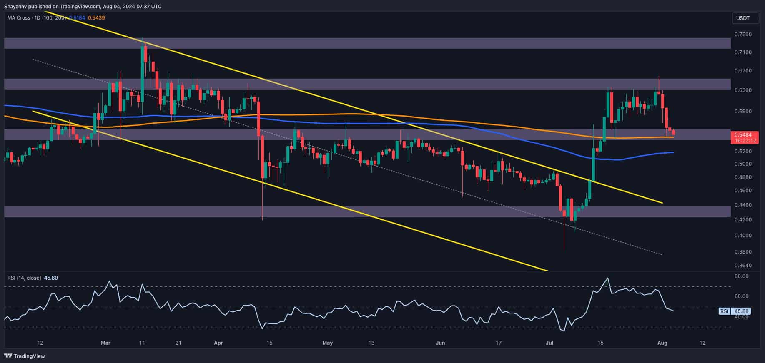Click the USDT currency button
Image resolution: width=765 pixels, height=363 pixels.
pyautogui.click(x=743, y=18)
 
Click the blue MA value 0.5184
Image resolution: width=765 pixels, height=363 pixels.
pyautogui.click(x=77, y=18)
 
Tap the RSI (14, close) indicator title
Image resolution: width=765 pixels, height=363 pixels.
pyautogui.click(x=24, y=278)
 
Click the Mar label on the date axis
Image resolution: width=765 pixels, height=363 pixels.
pyautogui.click(x=105, y=343)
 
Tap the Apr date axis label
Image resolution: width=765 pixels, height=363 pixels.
pyautogui.click(x=218, y=343)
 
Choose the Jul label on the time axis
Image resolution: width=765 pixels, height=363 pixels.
pyautogui.click(x=550, y=343)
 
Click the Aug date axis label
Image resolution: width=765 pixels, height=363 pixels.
pyautogui.click(x=662, y=343)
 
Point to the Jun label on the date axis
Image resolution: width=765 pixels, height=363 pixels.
pyautogui.click(x=440, y=343)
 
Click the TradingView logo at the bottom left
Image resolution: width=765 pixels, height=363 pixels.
pyautogui.click(x=25, y=356)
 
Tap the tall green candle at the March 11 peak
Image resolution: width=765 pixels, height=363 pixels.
pyautogui.click(x=143, y=67)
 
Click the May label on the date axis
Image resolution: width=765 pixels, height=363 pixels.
pyautogui.click(x=328, y=343)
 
